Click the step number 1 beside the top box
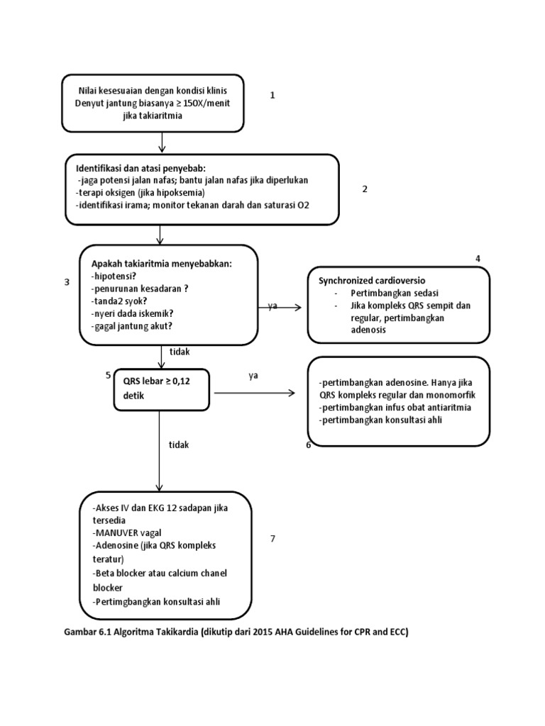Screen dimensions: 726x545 coord(272,95)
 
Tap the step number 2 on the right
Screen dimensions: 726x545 coord(365,189)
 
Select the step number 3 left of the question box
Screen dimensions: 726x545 coord(67,282)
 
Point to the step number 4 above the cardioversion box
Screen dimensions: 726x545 coord(478,259)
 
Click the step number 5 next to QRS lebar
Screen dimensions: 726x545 coord(108,374)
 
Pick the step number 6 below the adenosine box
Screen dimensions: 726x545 coord(309,445)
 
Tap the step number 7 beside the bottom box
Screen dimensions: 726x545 coord(272,539)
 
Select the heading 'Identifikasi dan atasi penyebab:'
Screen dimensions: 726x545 coord(141,168)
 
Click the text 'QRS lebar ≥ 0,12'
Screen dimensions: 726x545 coord(157,383)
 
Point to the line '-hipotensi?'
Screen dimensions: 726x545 coord(115,276)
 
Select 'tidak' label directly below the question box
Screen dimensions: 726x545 coord(180,350)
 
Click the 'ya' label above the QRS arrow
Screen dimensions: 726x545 coord(253,376)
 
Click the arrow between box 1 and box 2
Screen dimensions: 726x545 coord(163,143)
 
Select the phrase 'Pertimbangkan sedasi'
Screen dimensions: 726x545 coord(387,294)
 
